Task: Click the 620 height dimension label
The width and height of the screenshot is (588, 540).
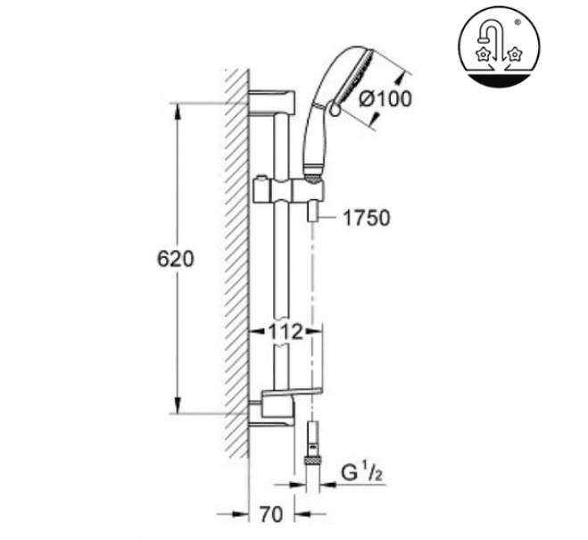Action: (176, 259)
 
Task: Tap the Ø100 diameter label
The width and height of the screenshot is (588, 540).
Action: (385, 99)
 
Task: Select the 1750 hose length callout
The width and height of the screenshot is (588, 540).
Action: (367, 218)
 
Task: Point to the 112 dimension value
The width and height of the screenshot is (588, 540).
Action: (285, 331)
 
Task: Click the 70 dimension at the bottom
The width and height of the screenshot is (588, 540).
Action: (271, 514)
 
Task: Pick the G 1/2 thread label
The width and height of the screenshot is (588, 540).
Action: (362, 473)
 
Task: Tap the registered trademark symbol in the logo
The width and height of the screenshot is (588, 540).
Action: (518, 22)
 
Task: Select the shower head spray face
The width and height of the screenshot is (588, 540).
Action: (352, 78)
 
